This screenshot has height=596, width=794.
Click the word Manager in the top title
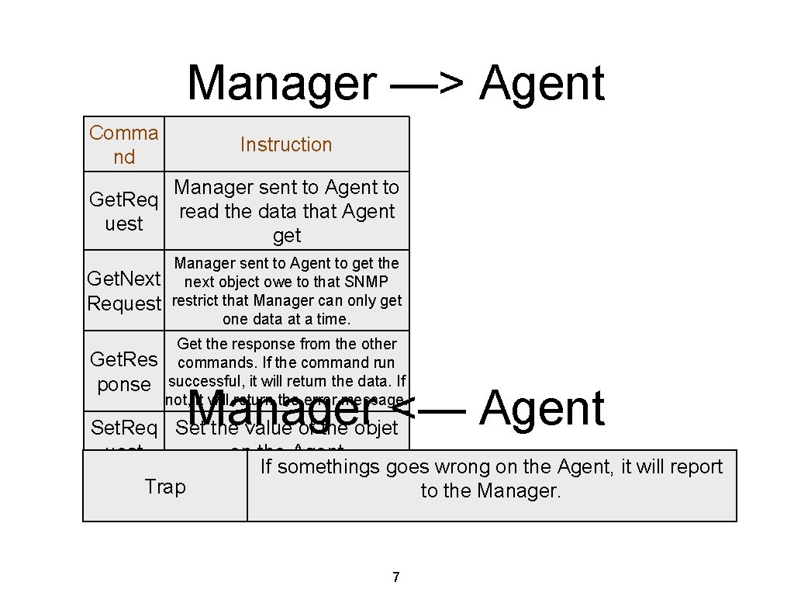tap(281, 83)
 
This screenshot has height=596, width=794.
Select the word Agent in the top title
tap(541, 83)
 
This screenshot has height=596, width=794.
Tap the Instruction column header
tap(285, 144)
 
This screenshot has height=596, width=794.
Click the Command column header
tap(124, 144)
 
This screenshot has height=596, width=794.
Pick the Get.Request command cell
tap(124, 211)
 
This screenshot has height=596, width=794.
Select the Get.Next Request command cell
tap(124, 291)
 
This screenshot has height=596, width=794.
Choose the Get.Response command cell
tap(124, 372)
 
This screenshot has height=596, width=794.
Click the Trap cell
tap(165, 487)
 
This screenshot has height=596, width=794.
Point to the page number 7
tap(396, 577)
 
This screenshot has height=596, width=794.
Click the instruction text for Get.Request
tap(286, 211)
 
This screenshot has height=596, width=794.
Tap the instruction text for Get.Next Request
tap(286, 291)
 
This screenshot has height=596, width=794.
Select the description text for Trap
tap(491, 478)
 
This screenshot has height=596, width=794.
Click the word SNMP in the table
tap(368, 282)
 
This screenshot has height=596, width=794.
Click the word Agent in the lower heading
tap(541, 409)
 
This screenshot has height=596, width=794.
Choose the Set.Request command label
tap(124, 428)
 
